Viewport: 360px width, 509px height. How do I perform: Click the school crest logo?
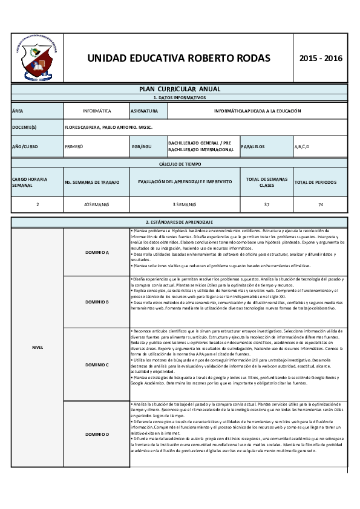tap(36, 58)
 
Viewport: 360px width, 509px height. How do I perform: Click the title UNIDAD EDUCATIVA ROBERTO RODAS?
tap(178, 59)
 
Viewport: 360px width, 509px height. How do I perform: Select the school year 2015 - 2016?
tap(321, 59)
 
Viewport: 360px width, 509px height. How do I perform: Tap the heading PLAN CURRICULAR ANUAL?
tap(180, 89)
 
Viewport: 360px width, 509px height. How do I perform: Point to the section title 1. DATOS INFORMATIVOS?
tap(180, 97)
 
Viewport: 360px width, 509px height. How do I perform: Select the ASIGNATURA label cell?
tap(144, 111)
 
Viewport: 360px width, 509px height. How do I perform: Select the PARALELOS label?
tap(253, 146)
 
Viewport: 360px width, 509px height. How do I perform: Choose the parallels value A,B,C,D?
tap(302, 146)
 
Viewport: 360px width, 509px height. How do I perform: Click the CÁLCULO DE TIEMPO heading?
tap(180, 164)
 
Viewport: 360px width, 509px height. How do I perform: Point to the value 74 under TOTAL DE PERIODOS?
tap(320, 205)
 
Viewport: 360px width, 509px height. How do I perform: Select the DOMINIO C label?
tap(97, 365)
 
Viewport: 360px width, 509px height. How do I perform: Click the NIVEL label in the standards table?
tap(38, 348)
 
